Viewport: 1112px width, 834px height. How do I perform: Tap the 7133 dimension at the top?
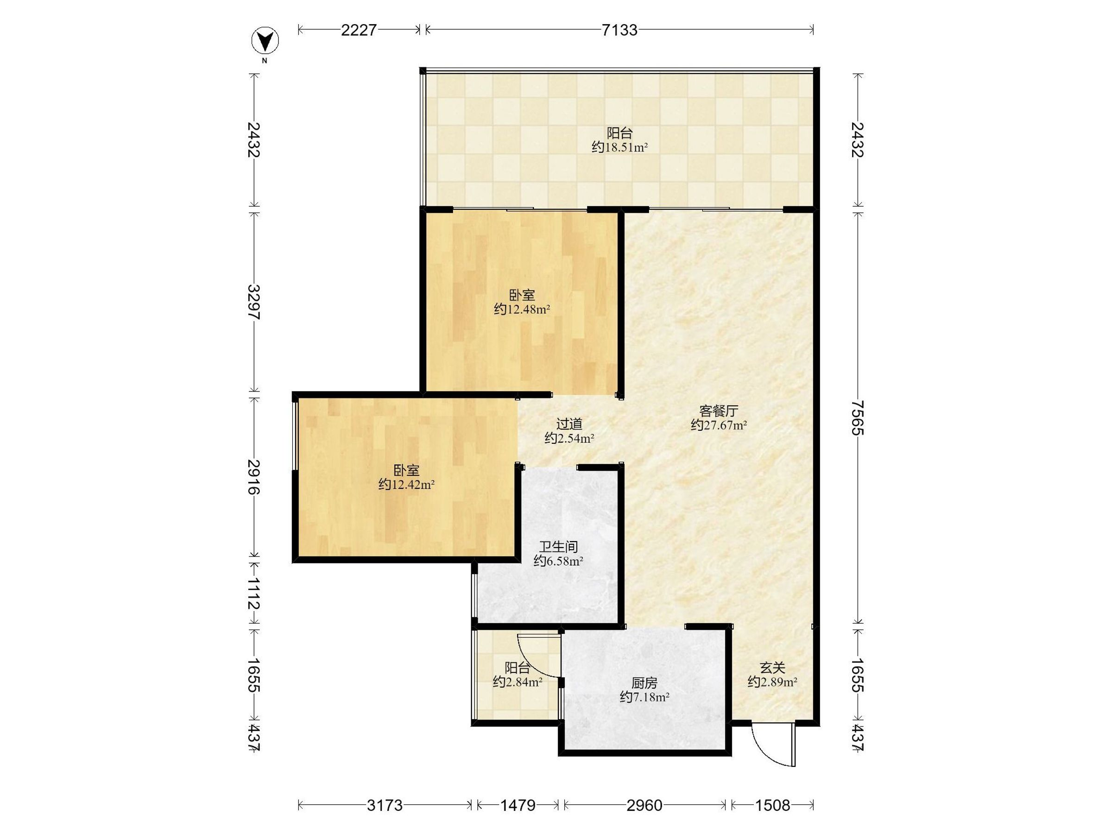point(619,30)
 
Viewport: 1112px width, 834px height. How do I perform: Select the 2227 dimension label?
point(359,30)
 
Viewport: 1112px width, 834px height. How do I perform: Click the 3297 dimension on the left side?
point(254,302)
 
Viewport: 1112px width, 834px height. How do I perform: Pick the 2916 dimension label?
point(254,477)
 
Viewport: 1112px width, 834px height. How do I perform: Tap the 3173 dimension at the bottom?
point(385,806)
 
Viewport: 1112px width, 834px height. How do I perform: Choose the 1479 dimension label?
point(518,806)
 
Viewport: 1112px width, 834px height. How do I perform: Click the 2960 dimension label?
point(644,806)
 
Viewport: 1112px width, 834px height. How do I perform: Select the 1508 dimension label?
point(773,806)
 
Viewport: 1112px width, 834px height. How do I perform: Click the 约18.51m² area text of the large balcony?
point(619,147)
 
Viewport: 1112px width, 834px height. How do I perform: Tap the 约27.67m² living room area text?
point(719,425)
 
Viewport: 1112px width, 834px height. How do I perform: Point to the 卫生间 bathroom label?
point(558,546)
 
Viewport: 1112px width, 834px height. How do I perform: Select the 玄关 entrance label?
point(773,668)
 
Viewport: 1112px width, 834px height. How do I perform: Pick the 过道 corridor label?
point(569,424)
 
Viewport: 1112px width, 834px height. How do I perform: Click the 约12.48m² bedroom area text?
point(522,309)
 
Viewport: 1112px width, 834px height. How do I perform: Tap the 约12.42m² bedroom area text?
point(407,485)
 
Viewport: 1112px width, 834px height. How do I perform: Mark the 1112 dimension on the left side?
point(254,593)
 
